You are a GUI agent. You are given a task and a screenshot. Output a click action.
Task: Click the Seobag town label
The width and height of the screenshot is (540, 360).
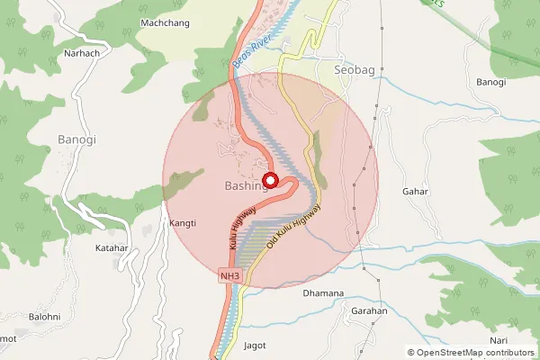pos(354,69)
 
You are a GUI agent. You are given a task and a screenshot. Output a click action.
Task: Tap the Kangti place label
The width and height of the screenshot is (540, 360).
pos(183,222)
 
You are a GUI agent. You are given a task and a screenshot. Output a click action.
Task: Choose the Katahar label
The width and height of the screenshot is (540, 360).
pos(112,247)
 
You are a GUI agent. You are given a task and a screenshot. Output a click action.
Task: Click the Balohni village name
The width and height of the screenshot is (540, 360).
pos(45,317)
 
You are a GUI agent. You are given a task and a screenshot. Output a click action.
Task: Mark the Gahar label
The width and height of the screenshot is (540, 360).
pos(416,192)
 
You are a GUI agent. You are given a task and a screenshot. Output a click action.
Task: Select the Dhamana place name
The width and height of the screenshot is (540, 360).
pos(323,293)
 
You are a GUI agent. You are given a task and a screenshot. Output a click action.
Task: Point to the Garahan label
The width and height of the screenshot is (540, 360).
pos(369,311)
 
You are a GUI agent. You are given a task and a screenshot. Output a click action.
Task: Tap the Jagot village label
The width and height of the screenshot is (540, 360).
pos(256,345)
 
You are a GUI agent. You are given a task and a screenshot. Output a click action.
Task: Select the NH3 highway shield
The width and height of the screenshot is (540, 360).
pos(230,275)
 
